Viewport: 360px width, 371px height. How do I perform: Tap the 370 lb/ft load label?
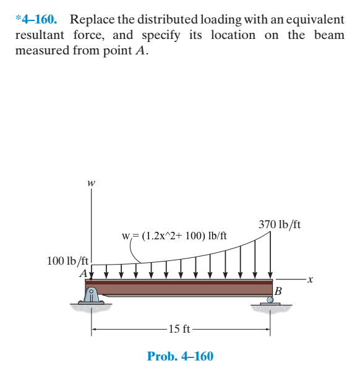(x=280, y=224)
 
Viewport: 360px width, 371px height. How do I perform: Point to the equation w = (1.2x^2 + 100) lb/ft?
(x=174, y=236)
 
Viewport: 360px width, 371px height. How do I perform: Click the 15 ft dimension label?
(x=179, y=328)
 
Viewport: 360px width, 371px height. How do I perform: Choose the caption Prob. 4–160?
(x=180, y=356)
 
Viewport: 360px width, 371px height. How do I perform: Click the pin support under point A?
(x=92, y=296)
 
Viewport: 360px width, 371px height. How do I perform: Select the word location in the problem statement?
(x=233, y=35)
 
